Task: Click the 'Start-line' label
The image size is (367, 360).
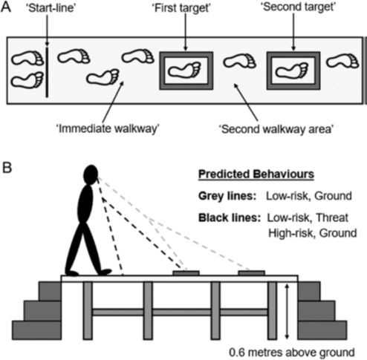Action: [x=51, y=8]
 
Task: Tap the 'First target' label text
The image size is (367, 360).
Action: [x=181, y=8]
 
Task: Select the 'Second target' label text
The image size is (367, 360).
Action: [x=298, y=7]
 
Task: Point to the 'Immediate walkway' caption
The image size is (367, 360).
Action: [x=108, y=128]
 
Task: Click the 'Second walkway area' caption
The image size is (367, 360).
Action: [x=276, y=129]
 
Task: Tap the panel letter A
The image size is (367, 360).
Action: [x=6, y=7]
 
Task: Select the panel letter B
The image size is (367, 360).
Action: [x=7, y=168]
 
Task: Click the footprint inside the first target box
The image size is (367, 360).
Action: [x=185, y=70]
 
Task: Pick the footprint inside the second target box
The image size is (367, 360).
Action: [x=292, y=71]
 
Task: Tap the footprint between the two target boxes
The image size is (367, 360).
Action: [x=240, y=61]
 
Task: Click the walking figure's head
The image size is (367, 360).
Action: [x=91, y=174]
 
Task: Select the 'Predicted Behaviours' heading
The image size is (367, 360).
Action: [x=256, y=174]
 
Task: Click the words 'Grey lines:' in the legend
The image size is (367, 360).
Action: [x=227, y=196]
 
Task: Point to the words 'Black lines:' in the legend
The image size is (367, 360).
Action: [x=230, y=217]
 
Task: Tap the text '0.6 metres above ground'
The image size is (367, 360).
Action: [x=291, y=353]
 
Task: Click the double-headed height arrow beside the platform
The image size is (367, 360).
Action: [x=287, y=312]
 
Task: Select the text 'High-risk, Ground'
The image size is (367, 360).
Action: [x=313, y=233]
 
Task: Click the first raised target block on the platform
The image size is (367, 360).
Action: [x=186, y=273]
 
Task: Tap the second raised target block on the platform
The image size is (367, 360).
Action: [x=251, y=273]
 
